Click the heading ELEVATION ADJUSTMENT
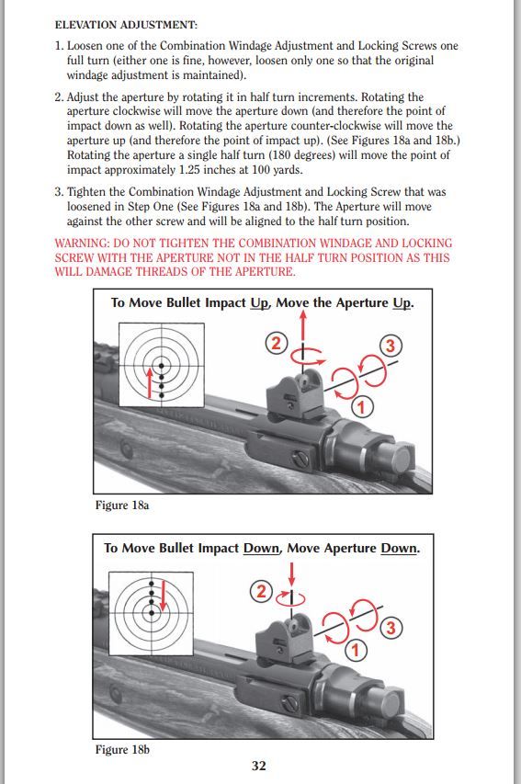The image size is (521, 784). click(x=126, y=25)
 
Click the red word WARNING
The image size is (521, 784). click(x=82, y=244)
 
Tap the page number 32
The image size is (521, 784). click(x=258, y=766)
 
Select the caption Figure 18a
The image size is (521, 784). click(x=122, y=505)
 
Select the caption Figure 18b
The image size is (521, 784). click(x=122, y=749)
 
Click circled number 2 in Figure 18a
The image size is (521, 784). click(x=277, y=344)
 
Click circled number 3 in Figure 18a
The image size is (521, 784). click(x=391, y=346)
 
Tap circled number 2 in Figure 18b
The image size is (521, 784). click(x=261, y=592)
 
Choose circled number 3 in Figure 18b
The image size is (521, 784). click(x=391, y=628)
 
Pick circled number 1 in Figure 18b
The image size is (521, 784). click(x=356, y=650)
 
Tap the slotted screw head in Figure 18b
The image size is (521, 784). click(x=290, y=705)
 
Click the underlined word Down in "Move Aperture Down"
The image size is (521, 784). click(x=399, y=548)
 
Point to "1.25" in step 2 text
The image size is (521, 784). click(x=190, y=169)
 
